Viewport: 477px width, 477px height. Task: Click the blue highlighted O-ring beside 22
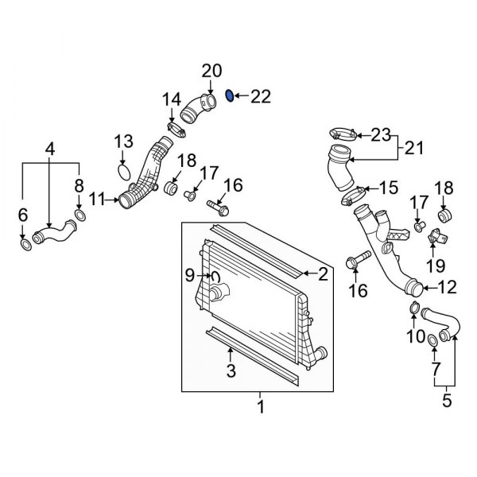click(230, 96)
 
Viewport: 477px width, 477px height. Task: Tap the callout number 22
click(261, 97)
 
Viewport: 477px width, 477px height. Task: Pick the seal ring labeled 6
click(25, 243)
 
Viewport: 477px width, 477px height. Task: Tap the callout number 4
click(49, 148)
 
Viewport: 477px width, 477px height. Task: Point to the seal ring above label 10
click(414, 309)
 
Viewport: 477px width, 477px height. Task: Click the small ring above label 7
click(433, 341)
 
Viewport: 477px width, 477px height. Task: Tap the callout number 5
click(446, 401)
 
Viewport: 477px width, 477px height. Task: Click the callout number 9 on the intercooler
click(189, 276)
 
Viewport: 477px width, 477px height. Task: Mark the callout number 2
click(323, 275)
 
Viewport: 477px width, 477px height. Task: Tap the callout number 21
click(415, 148)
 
